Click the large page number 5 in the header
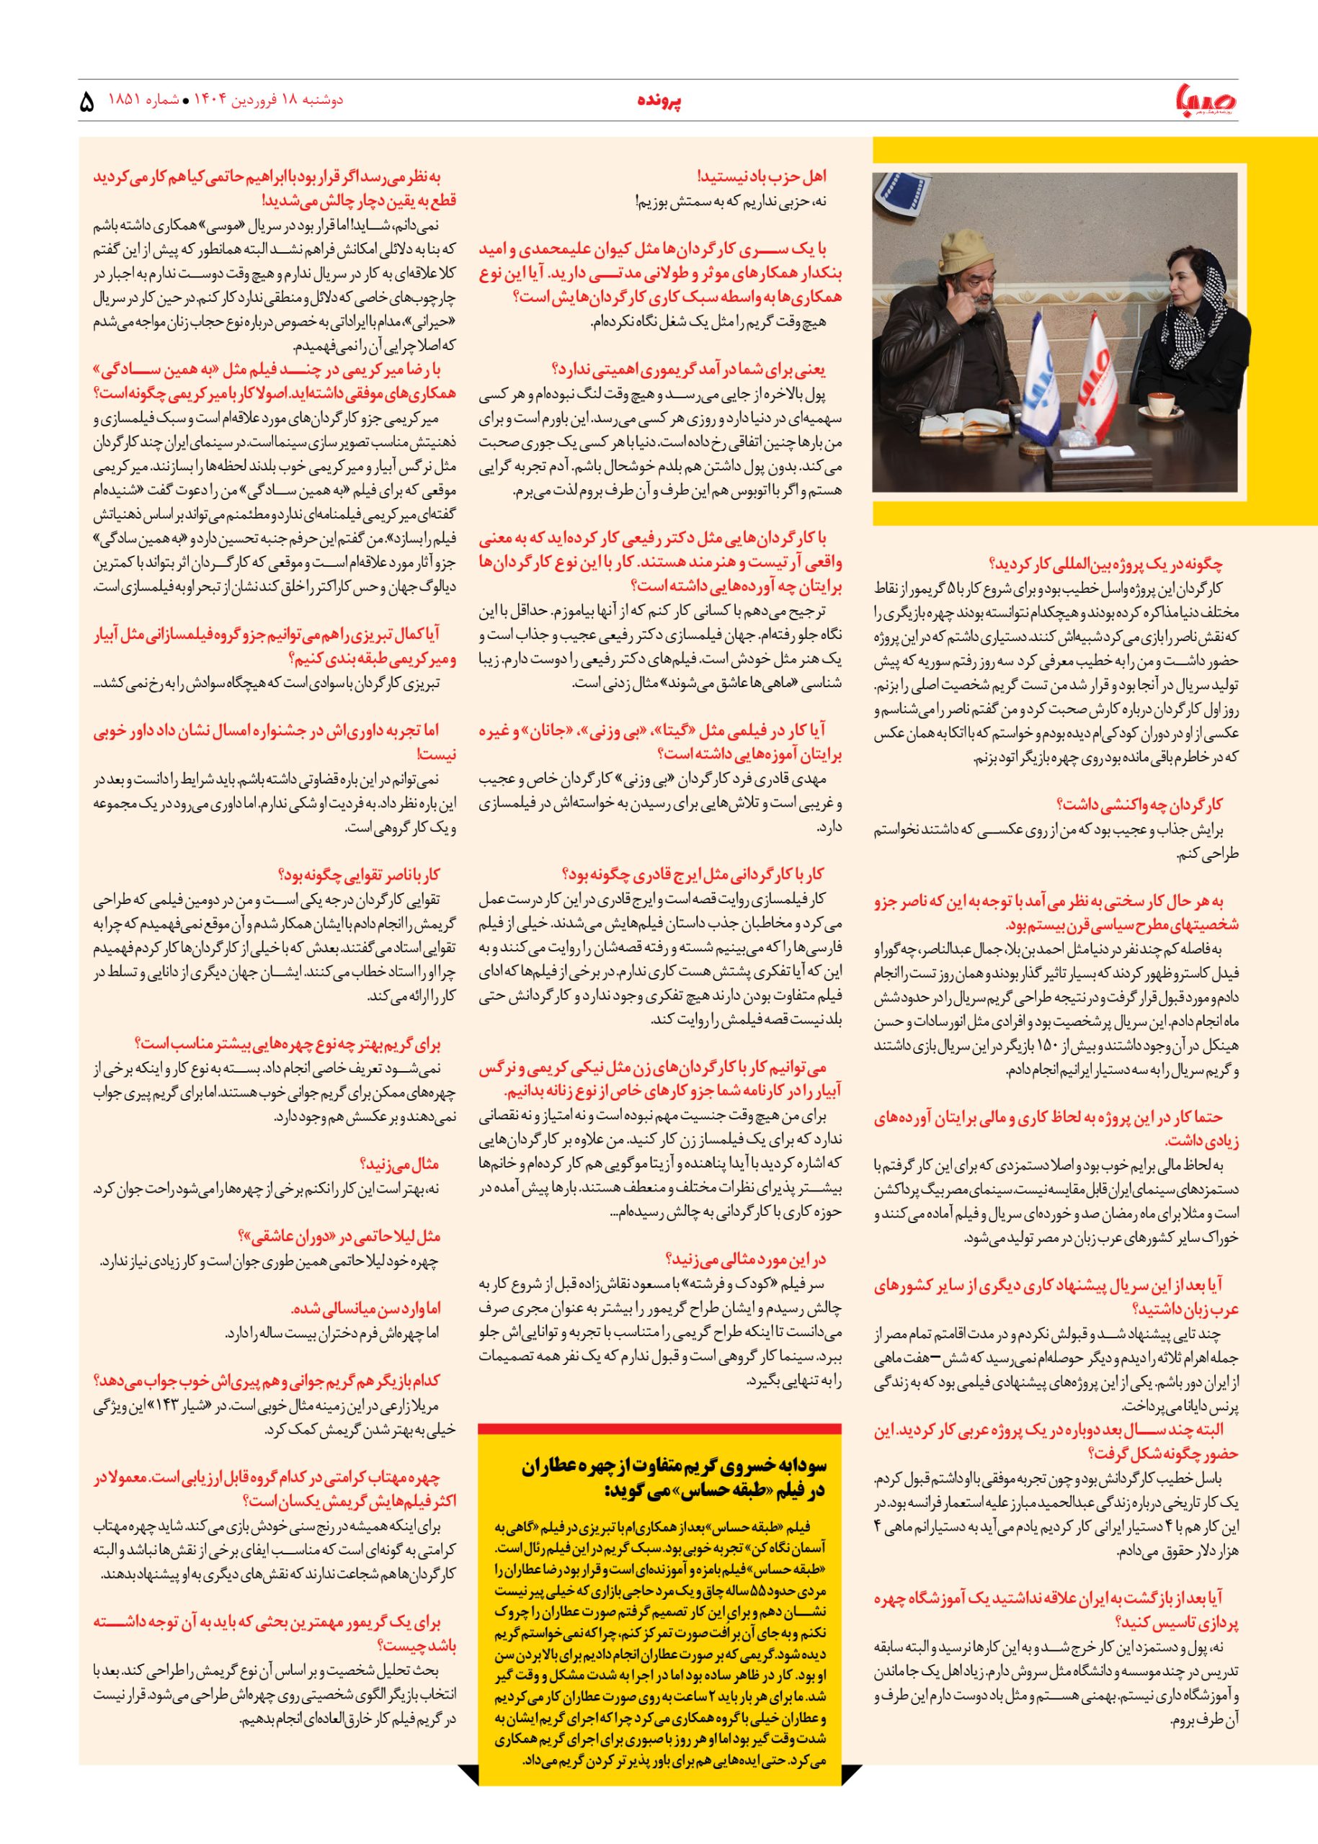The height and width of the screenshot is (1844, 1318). click(x=87, y=103)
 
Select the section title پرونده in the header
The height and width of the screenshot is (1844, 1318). click(x=659, y=101)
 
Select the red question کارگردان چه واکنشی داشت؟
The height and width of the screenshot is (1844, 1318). click(x=1139, y=805)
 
